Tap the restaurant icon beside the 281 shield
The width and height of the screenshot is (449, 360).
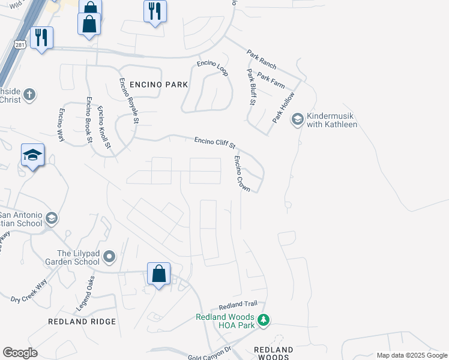coord(41,38)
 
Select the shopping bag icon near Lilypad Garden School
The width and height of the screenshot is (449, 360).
coord(159,274)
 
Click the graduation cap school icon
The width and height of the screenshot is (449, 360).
coord(33,156)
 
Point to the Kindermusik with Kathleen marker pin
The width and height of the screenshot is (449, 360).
coord(297,119)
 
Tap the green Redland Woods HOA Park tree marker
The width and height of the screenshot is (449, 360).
coord(263,320)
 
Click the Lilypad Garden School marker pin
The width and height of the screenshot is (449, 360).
coord(109,257)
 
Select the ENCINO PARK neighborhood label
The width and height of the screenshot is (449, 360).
coord(154,85)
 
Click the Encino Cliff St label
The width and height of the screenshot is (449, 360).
coord(215,143)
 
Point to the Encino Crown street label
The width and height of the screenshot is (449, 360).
coord(243,173)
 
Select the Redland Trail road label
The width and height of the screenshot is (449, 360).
coord(238,307)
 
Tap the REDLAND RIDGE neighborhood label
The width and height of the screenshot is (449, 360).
coord(82,322)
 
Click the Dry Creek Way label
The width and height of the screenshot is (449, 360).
coord(29,290)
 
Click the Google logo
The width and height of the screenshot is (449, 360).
coord(20,353)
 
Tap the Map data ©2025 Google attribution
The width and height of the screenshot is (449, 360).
coord(412,355)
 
